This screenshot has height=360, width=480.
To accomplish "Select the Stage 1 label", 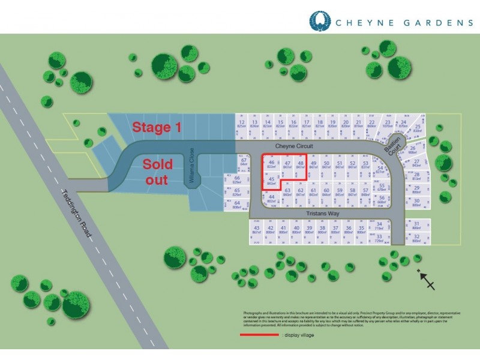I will (x=157, y=127).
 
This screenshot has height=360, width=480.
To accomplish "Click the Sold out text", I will (x=158, y=172).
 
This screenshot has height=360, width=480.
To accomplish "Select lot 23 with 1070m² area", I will (x=388, y=124).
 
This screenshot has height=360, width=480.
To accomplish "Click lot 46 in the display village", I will (x=272, y=164).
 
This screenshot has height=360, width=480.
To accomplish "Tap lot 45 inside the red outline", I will (x=271, y=181).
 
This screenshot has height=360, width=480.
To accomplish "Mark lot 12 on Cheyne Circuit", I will (x=242, y=124).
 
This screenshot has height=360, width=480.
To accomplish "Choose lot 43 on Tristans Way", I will (x=257, y=230).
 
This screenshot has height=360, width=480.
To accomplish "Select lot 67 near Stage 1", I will (x=244, y=163).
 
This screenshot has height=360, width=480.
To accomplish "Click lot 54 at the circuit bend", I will (x=380, y=170).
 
